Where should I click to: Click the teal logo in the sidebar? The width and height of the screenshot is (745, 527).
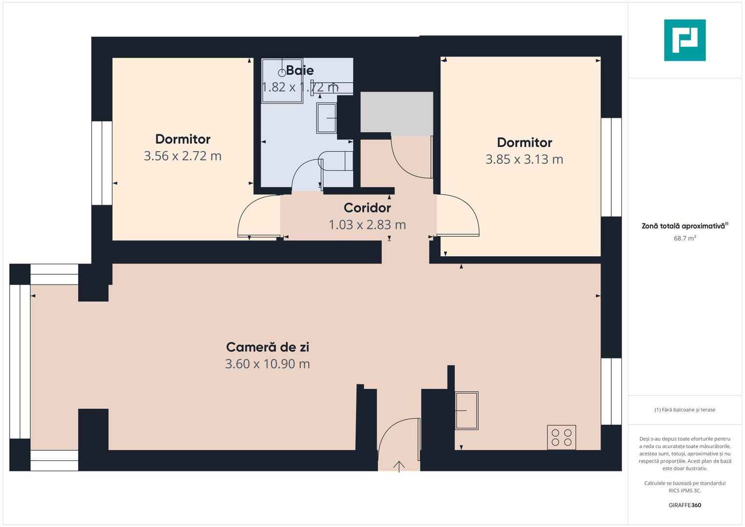685,40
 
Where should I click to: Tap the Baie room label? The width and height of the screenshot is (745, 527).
300,70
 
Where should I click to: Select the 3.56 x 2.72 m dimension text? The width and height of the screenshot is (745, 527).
182,156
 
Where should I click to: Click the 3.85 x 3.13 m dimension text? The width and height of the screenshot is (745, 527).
524,160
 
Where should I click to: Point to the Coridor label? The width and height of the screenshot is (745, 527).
367,208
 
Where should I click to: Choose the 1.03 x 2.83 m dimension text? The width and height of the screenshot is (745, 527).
367,225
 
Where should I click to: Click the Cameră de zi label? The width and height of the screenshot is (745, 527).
267,347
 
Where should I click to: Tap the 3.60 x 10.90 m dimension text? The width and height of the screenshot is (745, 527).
267,364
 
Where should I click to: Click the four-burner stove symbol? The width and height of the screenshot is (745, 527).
562,437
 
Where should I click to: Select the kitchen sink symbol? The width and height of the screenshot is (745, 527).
466,410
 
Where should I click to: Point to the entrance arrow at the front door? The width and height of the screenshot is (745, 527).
399,466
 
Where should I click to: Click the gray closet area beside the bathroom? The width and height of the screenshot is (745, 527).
397,112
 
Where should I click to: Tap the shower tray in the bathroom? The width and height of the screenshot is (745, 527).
282,81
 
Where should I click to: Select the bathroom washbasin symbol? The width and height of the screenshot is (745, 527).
326,118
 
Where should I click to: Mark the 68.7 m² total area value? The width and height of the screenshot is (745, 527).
685,239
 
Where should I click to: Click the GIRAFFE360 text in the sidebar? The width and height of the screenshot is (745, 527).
685,506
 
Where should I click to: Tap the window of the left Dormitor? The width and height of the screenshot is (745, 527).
102,163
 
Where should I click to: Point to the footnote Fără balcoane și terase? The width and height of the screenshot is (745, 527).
685,410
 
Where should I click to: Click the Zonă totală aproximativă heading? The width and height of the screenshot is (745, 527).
684,226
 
